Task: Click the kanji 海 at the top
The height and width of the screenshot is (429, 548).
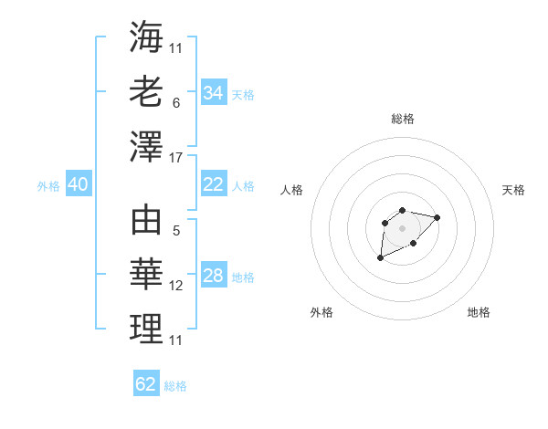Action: click(x=146, y=37)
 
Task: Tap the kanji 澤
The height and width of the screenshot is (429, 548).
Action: click(x=146, y=147)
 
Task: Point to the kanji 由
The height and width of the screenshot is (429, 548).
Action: click(x=146, y=222)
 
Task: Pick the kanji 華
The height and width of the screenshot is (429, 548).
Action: click(x=146, y=276)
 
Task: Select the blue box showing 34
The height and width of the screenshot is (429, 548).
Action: click(x=214, y=93)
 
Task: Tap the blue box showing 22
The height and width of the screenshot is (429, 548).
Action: click(x=214, y=184)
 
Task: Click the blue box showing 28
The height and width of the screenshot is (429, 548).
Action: click(x=214, y=276)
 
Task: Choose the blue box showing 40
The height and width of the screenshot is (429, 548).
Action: click(x=78, y=184)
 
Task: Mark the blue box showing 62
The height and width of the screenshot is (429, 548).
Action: click(x=146, y=384)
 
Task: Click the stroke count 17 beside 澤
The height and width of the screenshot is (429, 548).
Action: click(x=176, y=159)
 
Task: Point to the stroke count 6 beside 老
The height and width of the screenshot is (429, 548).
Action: click(x=176, y=104)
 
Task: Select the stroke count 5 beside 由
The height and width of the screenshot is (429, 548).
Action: click(x=176, y=232)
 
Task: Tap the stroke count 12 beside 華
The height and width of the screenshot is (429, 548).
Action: click(x=176, y=287)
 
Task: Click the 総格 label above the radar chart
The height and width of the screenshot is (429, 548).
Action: click(x=402, y=119)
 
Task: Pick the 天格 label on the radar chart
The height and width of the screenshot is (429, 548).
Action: click(x=513, y=190)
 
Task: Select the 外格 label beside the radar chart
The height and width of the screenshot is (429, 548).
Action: click(x=321, y=312)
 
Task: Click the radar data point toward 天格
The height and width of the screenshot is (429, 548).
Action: click(x=437, y=217)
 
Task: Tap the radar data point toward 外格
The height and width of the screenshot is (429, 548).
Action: click(x=380, y=258)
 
